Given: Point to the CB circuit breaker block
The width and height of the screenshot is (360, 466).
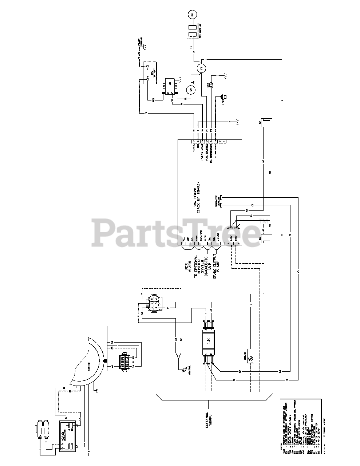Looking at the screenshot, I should tap(208, 341).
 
